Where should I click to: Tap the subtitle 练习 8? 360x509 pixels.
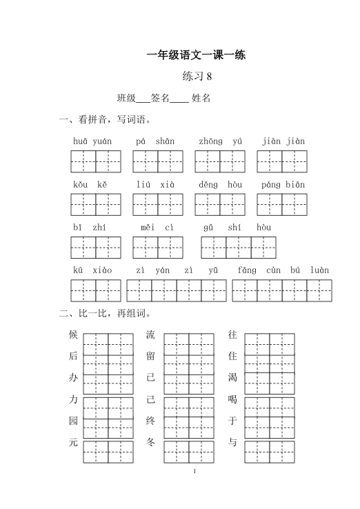[x=197, y=76]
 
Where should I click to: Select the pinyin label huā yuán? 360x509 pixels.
[x=92, y=141]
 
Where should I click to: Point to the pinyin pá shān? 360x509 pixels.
[x=155, y=141]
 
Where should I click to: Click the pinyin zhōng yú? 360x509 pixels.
[x=220, y=141]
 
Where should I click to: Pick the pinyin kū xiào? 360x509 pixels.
[x=92, y=270]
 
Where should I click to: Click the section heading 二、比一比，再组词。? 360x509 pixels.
[x=110, y=314]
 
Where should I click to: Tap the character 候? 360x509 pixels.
[x=74, y=335]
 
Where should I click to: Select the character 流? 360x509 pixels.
[x=151, y=335]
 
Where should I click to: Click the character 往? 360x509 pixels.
[x=232, y=335]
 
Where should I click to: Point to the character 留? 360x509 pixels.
[x=151, y=357]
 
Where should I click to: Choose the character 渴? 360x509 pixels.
[x=232, y=378]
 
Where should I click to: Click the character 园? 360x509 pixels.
[x=74, y=420]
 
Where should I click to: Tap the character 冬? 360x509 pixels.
[x=151, y=441]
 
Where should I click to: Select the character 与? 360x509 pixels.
[x=232, y=441]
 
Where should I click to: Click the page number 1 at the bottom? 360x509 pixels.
[x=197, y=472]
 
